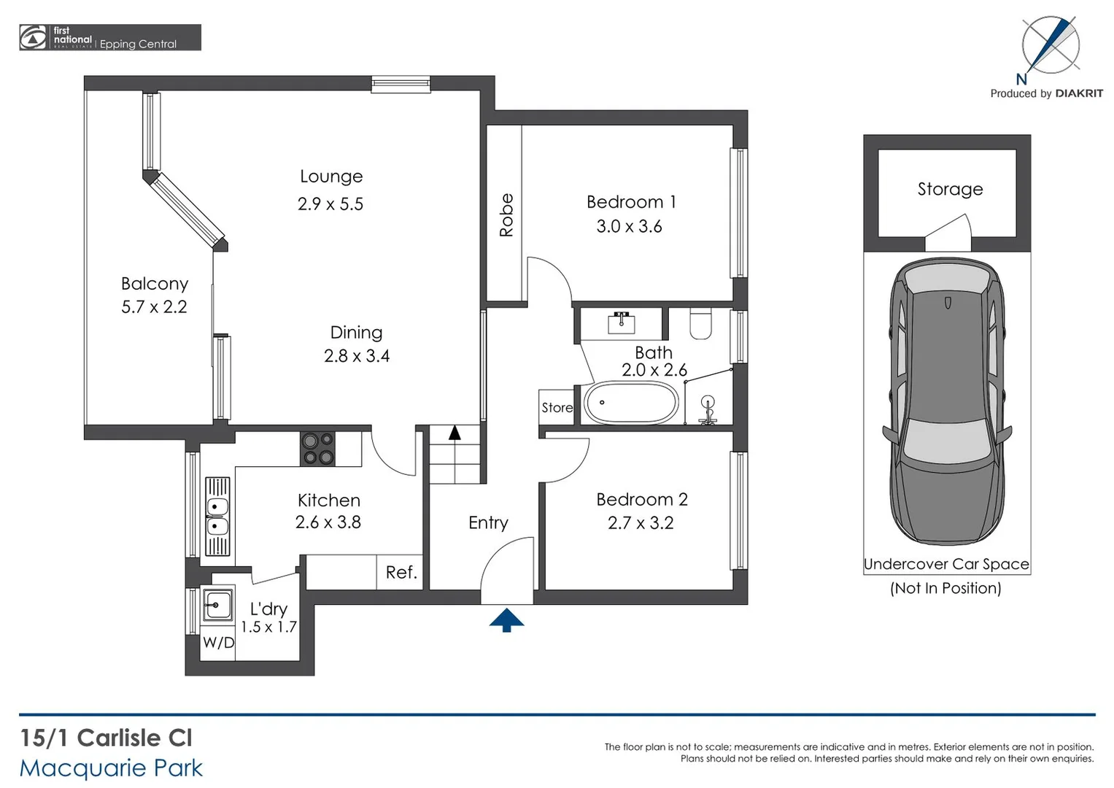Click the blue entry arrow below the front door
[x=506, y=620]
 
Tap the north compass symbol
[x=1050, y=45]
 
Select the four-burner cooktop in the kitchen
[x=318, y=449]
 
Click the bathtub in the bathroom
[x=632, y=403]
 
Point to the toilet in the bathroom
[x=700, y=324]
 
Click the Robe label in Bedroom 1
[x=506, y=215]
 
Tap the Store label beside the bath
[x=557, y=408]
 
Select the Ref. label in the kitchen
[x=401, y=573]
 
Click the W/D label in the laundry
[x=218, y=643]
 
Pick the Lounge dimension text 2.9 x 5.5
[x=330, y=204]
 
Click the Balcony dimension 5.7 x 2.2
[x=154, y=307]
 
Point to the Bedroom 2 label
[x=641, y=500]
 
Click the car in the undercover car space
[x=947, y=401]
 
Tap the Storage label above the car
[x=950, y=190]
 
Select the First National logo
[x=33, y=38]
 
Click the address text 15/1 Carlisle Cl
[x=107, y=738]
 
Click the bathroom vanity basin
[x=622, y=322]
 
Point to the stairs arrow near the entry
[x=455, y=433]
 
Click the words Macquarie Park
[x=111, y=768]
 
